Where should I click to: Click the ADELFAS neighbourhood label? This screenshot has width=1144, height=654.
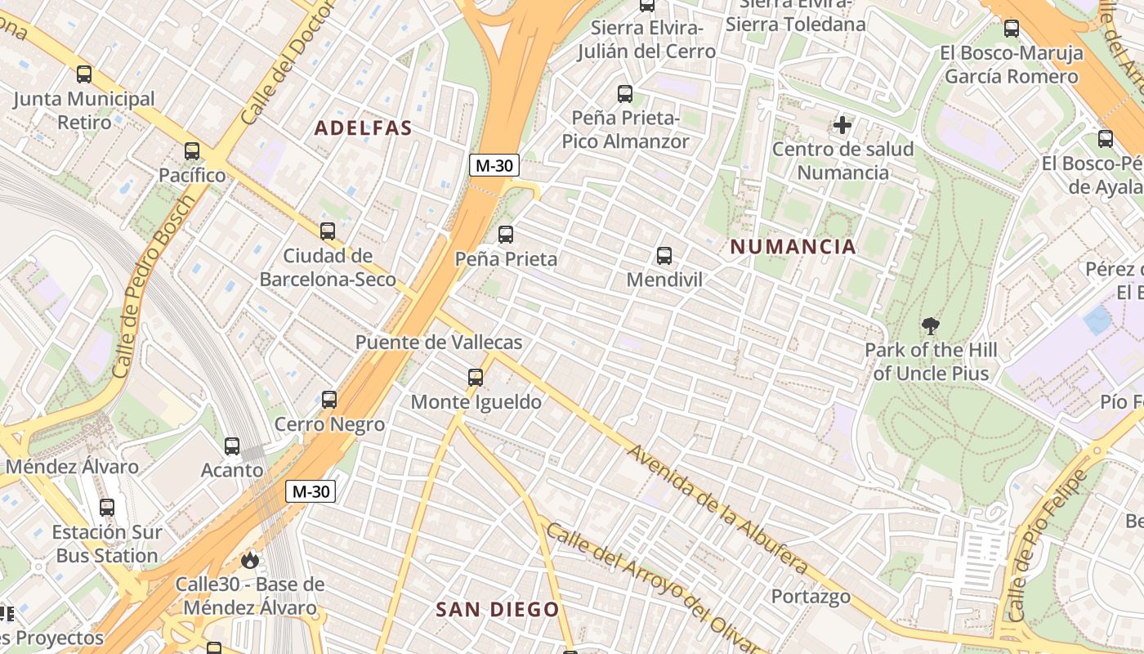tap(363, 128)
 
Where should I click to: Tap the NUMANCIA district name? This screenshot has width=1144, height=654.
tap(793, 247)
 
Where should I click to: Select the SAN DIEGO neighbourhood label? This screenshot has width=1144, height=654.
tap(497, 609)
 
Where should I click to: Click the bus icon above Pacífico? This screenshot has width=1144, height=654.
tap(192, 151)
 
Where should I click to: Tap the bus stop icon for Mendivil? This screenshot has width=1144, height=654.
tap(664, 256)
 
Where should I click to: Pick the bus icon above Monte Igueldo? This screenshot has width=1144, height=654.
tap(476, 378)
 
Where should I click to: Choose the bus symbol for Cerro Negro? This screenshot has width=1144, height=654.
tap(329, 400)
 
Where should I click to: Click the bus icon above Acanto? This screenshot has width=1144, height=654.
tap(232, 446)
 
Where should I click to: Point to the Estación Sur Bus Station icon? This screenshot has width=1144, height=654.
tap(107, 508)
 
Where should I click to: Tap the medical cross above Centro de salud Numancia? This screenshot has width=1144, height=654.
tap(842, 125)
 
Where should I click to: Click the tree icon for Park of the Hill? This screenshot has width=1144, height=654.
tap(930, 326)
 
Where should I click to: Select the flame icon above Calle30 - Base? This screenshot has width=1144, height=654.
tap(249, 560)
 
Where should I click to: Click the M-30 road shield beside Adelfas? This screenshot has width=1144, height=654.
tap(494, 165)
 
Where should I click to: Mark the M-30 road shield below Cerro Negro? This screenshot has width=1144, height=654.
tap(311, 491)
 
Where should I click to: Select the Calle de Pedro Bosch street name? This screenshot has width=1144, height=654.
tap(154, 286)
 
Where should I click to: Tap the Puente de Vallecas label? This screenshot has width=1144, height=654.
tap(439, 342)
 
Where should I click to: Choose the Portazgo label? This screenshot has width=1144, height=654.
tap(811, 596)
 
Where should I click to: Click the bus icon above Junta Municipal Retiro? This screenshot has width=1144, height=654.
tap(84, 74)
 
